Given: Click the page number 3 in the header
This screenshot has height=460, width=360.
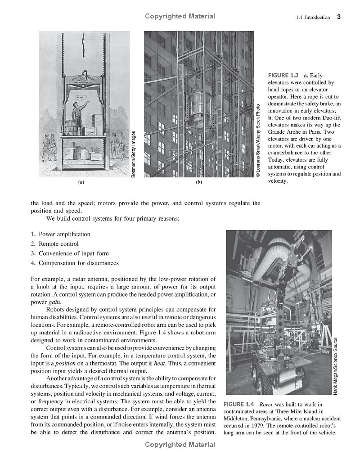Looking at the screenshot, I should coord(338,17).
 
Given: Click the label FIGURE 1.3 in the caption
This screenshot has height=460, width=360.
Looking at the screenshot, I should coord(283,75).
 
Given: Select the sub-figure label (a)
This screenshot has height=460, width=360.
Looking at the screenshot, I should coord(81,182).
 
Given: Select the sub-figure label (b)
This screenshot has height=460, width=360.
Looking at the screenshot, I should coord(198,182).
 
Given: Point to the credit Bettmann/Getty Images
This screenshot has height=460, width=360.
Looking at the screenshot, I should coord(133,153).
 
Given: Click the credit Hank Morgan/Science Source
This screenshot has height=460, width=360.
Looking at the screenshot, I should coord(336,366).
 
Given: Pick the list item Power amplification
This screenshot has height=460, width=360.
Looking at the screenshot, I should coord(64,234).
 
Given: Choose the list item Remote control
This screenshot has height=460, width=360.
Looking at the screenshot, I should coord(58,244).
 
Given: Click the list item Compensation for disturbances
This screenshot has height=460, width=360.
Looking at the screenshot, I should coord(79,263).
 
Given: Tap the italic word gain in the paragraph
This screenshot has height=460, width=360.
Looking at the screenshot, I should coord(54,302).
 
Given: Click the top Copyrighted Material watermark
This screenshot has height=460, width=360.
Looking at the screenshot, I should coord(180,16).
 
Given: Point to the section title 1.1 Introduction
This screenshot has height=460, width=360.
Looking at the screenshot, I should coord(313,18).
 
